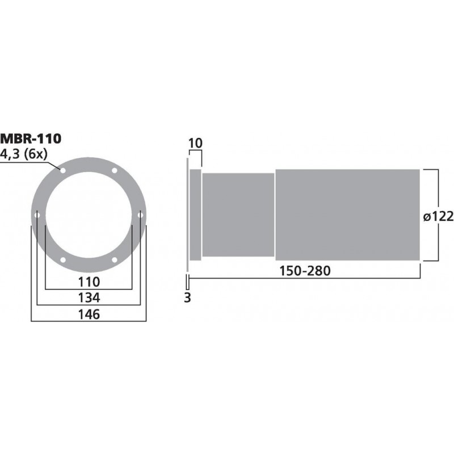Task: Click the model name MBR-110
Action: [31, 137]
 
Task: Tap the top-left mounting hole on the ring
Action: [62, 171]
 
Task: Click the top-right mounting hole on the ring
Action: [114, 171]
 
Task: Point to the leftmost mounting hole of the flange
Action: [37, 215]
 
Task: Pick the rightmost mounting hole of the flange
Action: [140, 215]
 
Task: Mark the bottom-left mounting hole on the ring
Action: [62, 260]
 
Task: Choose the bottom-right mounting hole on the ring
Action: [114, 260]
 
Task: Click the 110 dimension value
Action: [89, 281]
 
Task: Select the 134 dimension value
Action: [89, 297]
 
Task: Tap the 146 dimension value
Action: [89, 314]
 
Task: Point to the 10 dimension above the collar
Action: [195, 143]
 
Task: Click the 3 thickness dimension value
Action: [187, 297]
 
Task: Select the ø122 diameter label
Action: [438, 216]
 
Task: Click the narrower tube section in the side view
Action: [238, 215]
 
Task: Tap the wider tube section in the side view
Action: [347, 215]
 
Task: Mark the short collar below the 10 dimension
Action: [195, 215]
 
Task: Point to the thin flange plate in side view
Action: [187, 215]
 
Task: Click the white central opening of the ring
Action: [89, 215]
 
